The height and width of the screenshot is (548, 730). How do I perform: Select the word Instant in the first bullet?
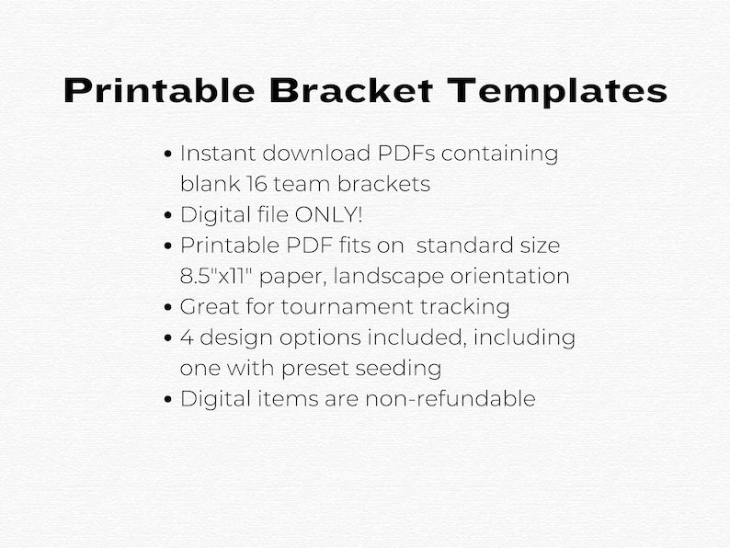(x=213, y=153)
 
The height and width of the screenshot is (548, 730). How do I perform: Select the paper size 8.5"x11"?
(x=221, y=276)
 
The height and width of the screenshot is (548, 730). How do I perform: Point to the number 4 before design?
(x=187, y=337)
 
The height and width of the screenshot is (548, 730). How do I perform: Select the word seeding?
(x=402, y=369)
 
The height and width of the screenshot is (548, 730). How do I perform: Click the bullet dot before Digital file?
(x=168, y=215)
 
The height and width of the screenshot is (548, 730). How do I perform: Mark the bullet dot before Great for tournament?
(x=168, y=307)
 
